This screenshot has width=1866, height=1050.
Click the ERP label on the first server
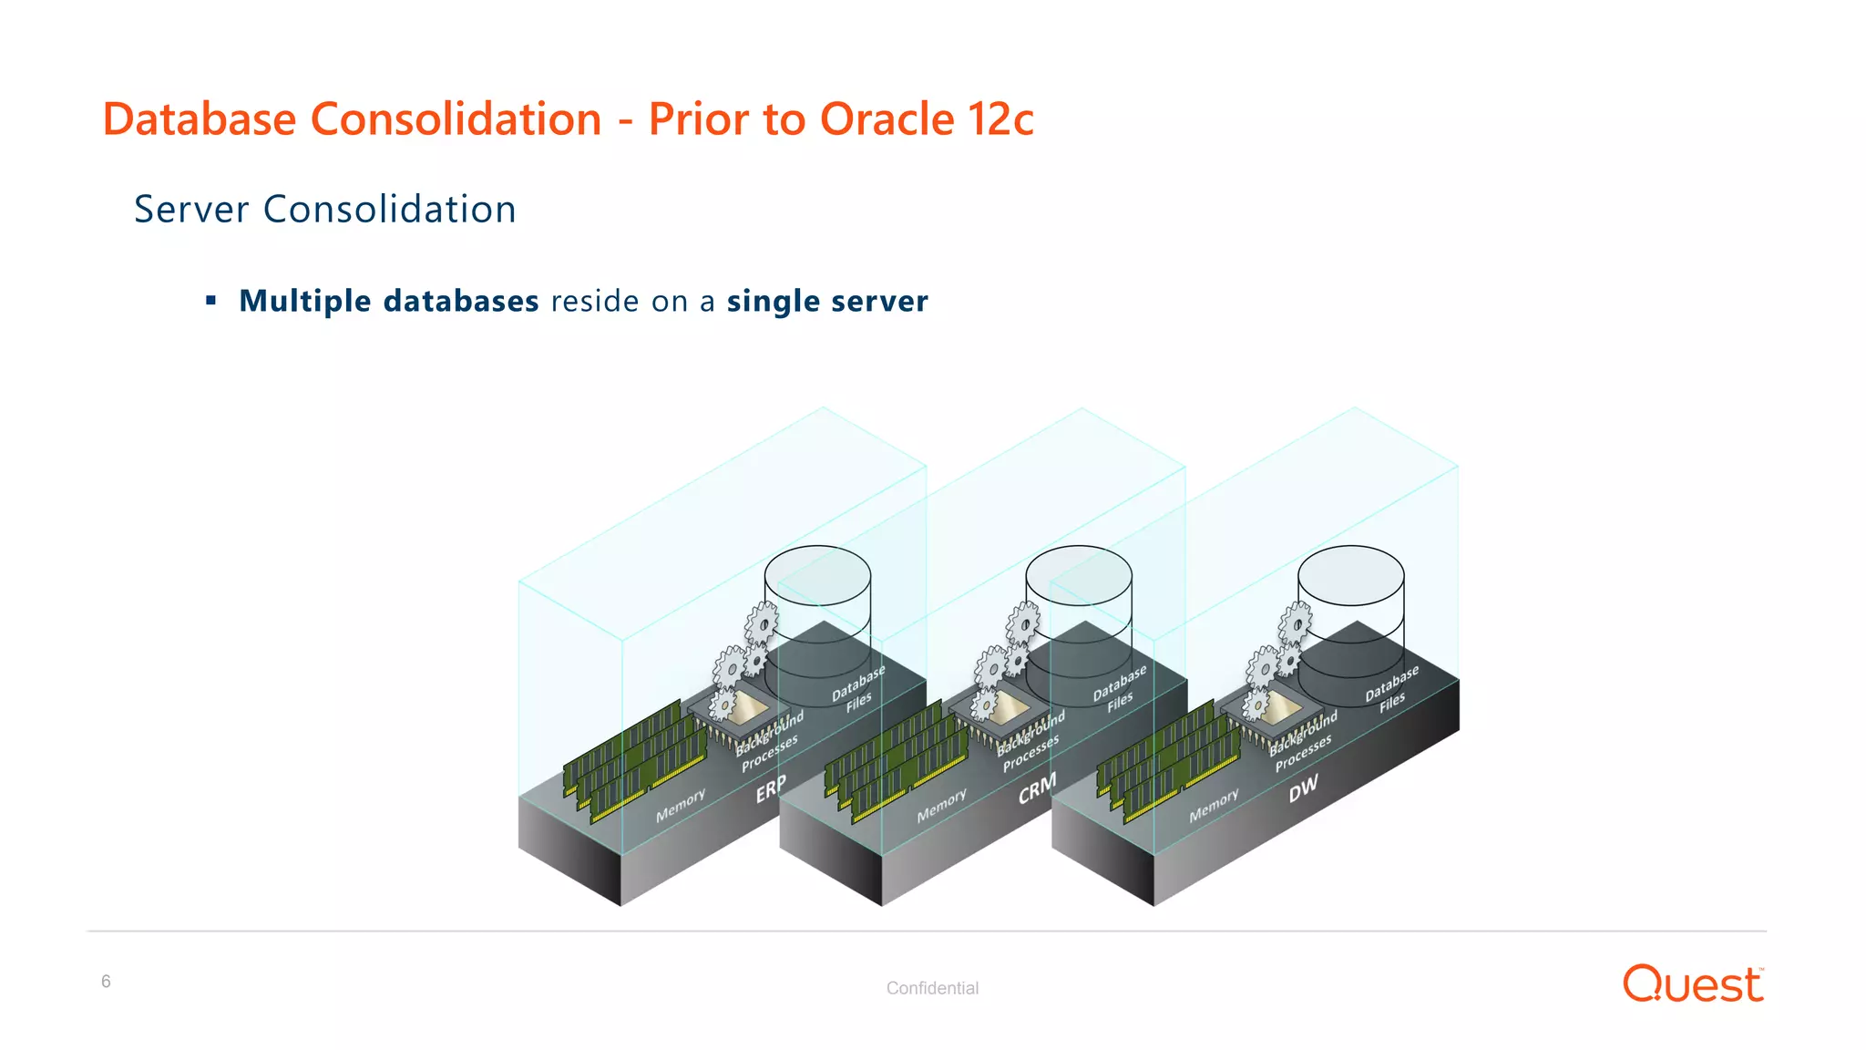pyautogui.click(x=771, y=788)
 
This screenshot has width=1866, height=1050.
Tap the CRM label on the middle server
pyautogui.click(x=1037, y=788)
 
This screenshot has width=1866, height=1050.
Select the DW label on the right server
pyautogui.click(x=1303, y=788)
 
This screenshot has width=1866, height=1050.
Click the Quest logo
pyautogui.click(x=1693, y=984)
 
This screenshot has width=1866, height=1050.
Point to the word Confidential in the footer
pyautogui.click(x=932, y=988)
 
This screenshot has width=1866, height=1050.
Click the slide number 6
pyautogui.click(x=106, y=982)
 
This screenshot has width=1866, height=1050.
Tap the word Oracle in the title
pyautogui.click(x=887, y=119)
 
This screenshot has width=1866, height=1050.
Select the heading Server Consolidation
pyautogui.click(x=325, y=210)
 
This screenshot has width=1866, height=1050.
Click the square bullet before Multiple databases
pyautogui.click(x=211, y=301)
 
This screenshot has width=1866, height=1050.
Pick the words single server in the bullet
pyautogui.click(x=827, y=301)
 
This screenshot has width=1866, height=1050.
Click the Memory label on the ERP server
pyautogui.click(x=681, y=806)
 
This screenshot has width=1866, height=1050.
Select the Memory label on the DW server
pyautogui.click(x=1214, y=806)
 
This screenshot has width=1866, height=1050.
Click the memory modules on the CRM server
pyautogui.click(x=893, y=757)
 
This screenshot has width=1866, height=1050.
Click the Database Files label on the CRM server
pyautogui.click(x=1120, y=690)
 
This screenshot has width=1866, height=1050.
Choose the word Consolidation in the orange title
pyautogui.click(x=456, y=119)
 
